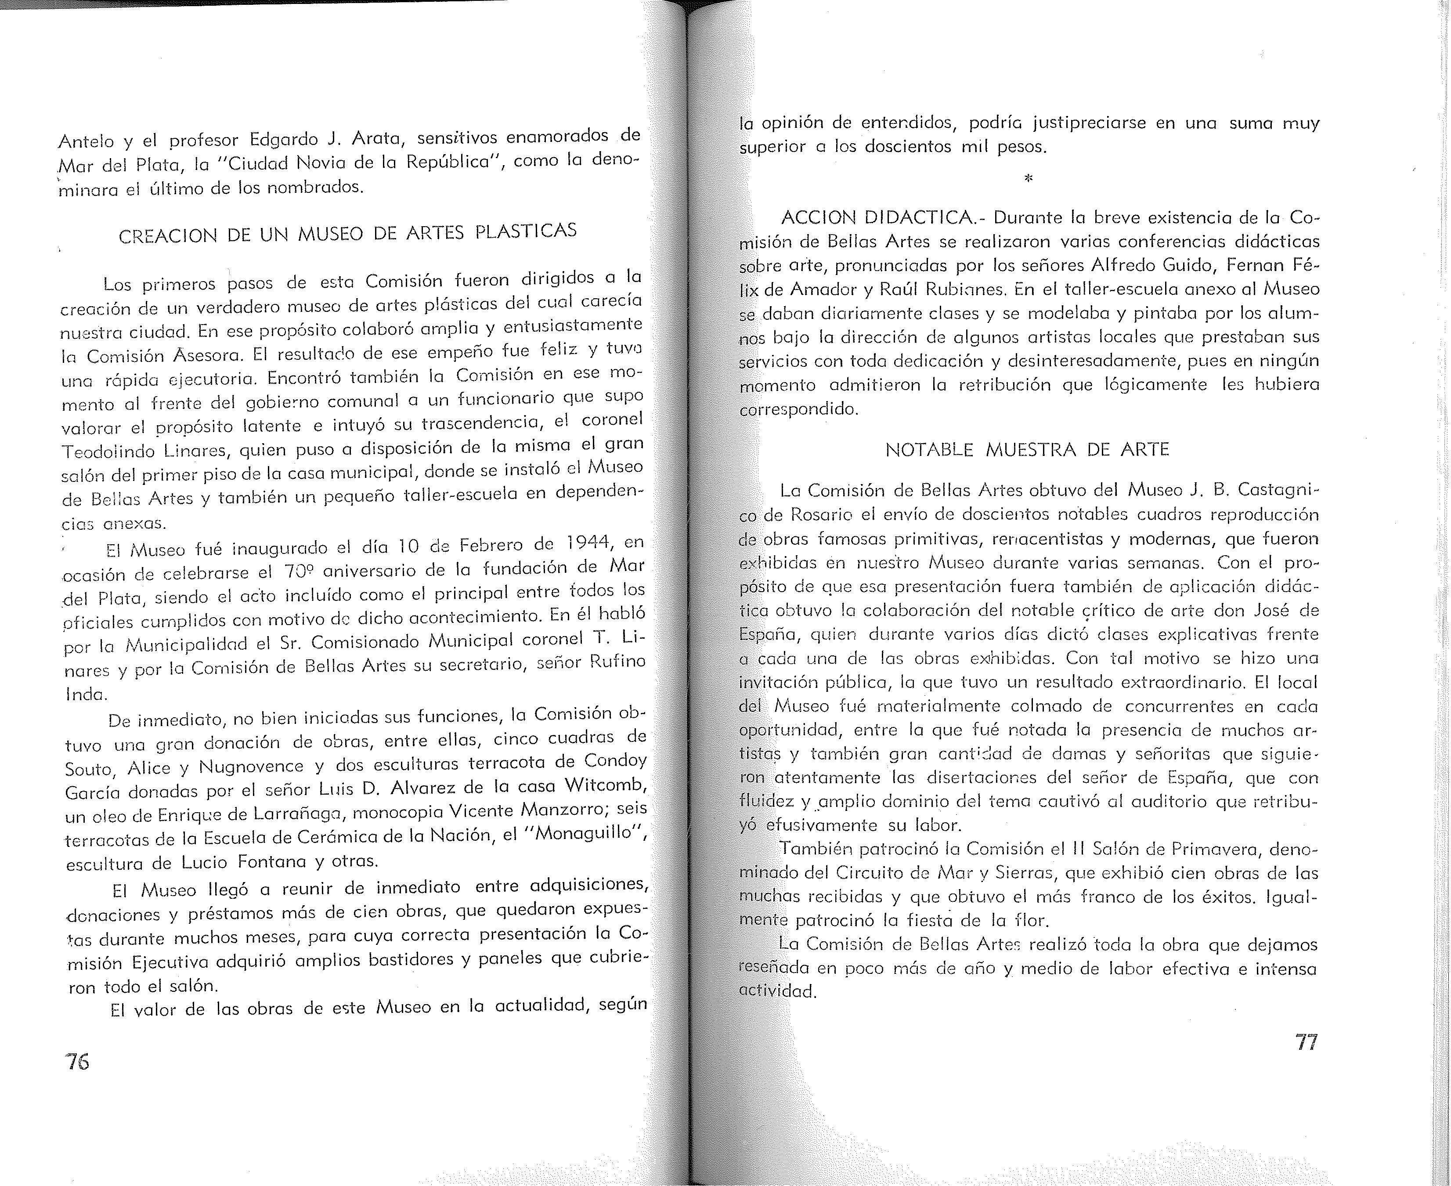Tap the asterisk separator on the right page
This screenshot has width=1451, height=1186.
point(1028,179)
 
